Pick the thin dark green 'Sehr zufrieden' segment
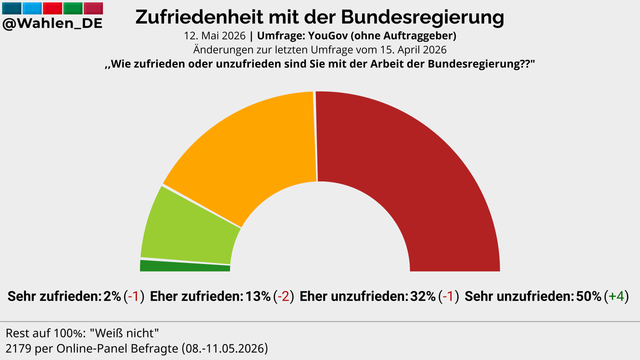(185, 266)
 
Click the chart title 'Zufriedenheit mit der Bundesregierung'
(320, 17)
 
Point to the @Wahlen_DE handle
(52, 23)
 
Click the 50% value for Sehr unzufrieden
(588, 296)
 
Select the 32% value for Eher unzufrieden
(423, 296)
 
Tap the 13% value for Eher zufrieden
(258, 296)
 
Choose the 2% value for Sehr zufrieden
(112, 296)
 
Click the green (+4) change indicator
(617, 296)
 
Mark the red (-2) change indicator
(284, 296)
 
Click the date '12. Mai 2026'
(215, 36)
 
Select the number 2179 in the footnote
(18, 349)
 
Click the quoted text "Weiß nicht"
(127, 333)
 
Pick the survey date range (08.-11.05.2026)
(225, 349)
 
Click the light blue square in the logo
(32, 8)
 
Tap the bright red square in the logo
(52, 8)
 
